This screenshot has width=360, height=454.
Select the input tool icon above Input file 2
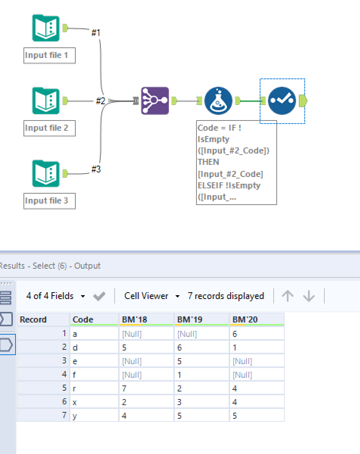coord(46,101)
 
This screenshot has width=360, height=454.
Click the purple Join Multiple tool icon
coord(155,101)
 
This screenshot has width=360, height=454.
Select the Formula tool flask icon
coord(218,101)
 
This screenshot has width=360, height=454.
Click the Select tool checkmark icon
coord(282,101)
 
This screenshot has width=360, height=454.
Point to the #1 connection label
coord(96,33)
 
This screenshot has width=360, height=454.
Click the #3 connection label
coord(96,169)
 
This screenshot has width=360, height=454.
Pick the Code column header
coord(83,319)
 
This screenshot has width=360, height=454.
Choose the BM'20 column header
coord(245,319)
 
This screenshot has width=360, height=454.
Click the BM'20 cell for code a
coord(256,334)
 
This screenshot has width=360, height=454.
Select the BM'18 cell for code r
coord(146,388)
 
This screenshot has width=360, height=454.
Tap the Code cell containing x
coord(94,402)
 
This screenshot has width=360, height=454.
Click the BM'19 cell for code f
coord(201,375)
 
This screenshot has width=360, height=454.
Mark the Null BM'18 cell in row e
coord(146,361)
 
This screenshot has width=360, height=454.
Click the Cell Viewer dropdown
coord(151,296)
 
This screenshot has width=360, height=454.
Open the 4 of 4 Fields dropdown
coord(55,296)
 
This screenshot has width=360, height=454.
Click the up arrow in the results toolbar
coord(288,296)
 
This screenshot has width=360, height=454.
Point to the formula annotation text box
coord(236,163)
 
